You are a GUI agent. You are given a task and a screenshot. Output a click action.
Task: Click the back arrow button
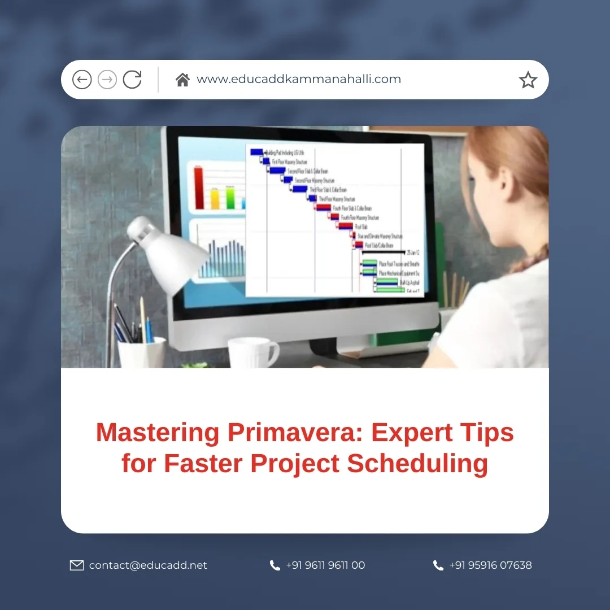[82, 80]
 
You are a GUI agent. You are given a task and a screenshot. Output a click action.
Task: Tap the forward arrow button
[107, 80]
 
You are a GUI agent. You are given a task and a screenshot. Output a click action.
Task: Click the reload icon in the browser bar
[132, 80]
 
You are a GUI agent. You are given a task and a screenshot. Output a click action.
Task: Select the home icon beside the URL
[182, 80]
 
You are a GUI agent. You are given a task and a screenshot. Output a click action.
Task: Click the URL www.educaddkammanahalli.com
[299, 80]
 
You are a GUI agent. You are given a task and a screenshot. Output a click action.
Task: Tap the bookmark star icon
[528, 80]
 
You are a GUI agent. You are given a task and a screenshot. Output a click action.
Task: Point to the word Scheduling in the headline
[417, 464]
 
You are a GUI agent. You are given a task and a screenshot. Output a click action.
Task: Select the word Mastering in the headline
[158, 433]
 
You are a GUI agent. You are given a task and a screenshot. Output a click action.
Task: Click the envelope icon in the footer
[77, 565]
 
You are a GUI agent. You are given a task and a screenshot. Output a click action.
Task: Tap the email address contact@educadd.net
[148, 565]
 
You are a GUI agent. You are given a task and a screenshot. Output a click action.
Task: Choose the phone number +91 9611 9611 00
[325, 565]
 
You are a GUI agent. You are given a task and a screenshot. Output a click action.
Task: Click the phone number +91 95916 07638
[490, 565]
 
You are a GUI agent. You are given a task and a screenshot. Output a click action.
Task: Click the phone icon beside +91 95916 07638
[438, 565]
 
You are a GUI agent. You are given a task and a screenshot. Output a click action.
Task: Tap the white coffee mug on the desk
[251, 352]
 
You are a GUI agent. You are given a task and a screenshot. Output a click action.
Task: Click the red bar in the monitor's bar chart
[199, 188]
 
